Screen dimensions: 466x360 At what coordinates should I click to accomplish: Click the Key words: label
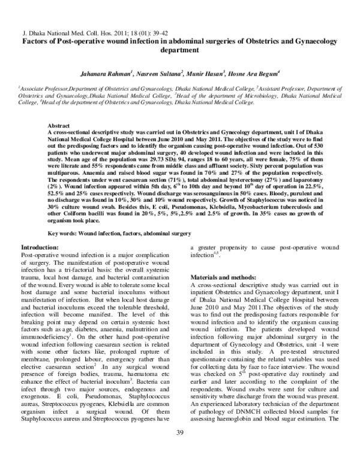(63, 231)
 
